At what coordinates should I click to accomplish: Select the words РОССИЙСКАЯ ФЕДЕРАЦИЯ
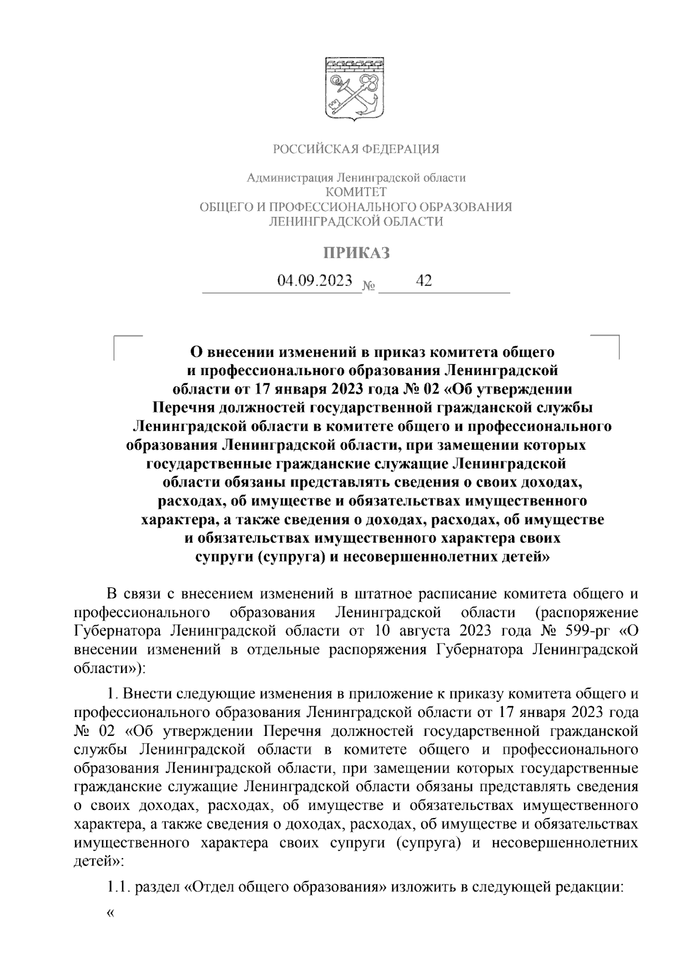(x=355, y=150)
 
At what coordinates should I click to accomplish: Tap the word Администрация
(x=288, y=178)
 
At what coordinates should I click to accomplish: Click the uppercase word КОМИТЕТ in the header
(x=355, y=192)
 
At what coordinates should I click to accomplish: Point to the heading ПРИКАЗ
(x=355, y=253)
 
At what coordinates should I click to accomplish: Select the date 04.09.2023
(x=314, y=281)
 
